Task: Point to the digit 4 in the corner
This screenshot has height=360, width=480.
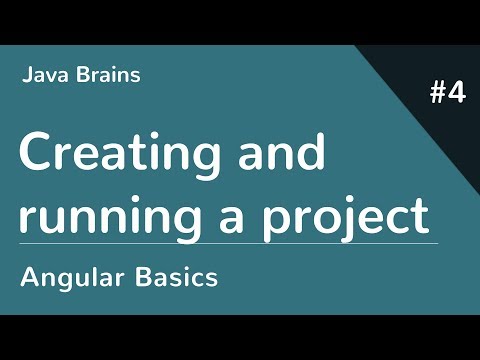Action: [x=457, y=95]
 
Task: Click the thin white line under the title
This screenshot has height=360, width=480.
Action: [x=228, y=243]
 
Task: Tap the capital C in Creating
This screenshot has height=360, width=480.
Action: [x=36, y=155]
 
